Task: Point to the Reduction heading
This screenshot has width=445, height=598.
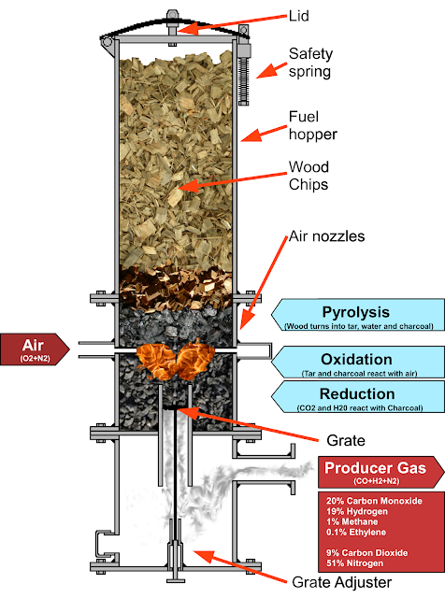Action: pyautogui.click(x=356, y=394)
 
